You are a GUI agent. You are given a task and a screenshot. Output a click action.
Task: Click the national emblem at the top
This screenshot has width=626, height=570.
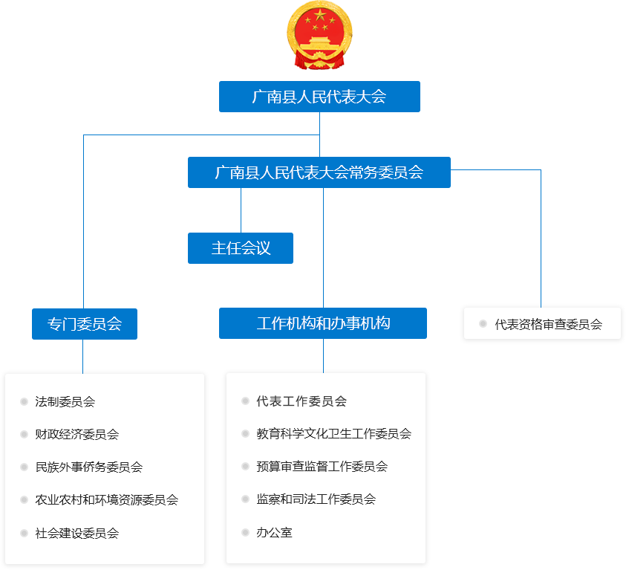click(x=319, y=36)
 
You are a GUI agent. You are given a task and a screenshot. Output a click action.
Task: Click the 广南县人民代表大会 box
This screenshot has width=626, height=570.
click(x=319, y=97)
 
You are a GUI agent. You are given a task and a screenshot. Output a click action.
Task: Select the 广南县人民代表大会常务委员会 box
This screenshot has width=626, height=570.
click(x=319, y=172)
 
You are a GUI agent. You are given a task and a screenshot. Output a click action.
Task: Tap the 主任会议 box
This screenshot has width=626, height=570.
click(x=241, y=248)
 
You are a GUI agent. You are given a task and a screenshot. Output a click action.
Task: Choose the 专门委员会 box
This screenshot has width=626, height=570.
click(x=84, y=324)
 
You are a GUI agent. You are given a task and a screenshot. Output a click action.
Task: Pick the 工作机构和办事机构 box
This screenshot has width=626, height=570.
click(x=323, y=323)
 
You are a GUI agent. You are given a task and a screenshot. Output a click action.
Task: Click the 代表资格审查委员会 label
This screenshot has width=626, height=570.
click(x=548, y=324)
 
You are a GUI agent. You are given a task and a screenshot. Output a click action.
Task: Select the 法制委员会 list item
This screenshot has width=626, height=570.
click(x=65, y=402)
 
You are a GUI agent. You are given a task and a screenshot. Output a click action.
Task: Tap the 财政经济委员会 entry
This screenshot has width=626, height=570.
click(x=77, y=435)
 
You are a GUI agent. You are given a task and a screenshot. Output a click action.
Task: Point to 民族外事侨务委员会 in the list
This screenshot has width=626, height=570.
click(x=89, y=467)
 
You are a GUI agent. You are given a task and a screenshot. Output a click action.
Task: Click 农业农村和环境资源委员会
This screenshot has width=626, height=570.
click(x=107, y=500)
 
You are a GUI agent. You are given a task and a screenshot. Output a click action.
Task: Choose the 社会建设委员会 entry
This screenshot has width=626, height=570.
click(x=77, y=533)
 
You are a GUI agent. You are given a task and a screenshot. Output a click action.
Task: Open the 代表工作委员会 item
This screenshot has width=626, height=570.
click(x=301, y=401)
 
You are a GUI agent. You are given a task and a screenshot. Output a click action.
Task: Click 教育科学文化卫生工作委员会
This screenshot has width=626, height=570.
click(x=334, y=434)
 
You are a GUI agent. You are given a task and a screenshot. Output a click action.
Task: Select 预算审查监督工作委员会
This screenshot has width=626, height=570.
click(x=322, y=467)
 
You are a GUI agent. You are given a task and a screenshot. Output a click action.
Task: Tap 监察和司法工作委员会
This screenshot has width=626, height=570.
click(x=316, y=499)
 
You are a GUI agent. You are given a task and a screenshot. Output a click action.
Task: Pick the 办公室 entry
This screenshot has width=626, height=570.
click(x=275, y=532)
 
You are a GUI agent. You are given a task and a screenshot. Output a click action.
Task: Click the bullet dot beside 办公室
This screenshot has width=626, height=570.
click(x=246, y=532)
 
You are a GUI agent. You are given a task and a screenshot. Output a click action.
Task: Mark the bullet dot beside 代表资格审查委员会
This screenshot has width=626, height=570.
click(x=483, y=324)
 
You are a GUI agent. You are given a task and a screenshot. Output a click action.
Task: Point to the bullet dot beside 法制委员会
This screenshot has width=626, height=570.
click(x=25, y=402)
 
